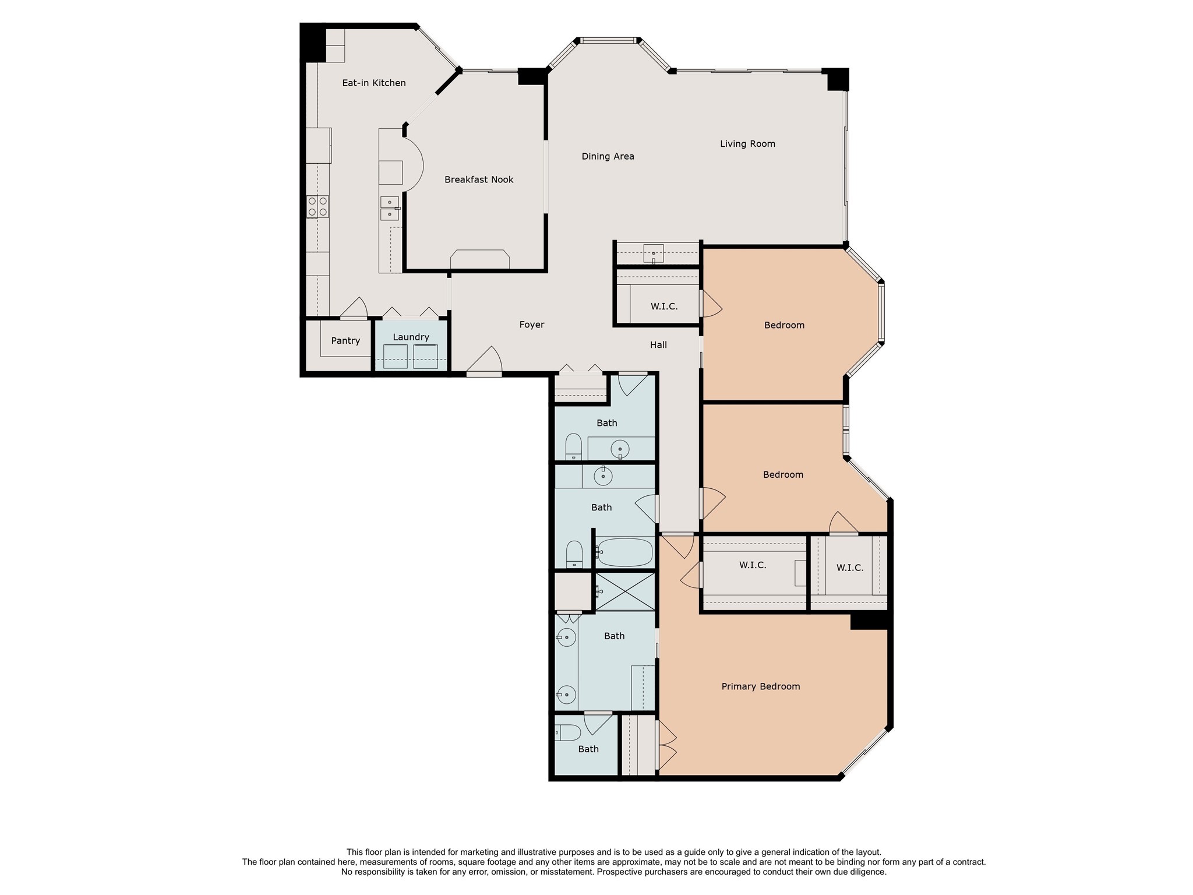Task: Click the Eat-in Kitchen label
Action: (x=373, y=83)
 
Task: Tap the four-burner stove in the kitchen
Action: (x=317, y=206)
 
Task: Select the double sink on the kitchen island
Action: (x=389, y=209)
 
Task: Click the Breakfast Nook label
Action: (x=479, y=179)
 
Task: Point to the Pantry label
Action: (x=345, y=340)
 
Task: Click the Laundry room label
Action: (x=411, y=337)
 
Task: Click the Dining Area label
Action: (x=608, y=156)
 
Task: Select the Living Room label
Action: (x=747, y=143)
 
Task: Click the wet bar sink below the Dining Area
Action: (x=654, y=253)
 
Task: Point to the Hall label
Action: (x=658, y=345)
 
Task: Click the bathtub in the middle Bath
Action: (x=625, y=552)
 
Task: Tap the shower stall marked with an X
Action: (x=625, y=591)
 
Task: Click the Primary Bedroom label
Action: (x=760, y=686)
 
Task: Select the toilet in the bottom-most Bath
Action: (x=568, y=732)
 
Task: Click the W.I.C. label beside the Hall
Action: (x=664, y=306)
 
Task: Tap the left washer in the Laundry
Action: (x=396, y=356)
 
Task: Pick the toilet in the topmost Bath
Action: (x=573, y=446)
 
